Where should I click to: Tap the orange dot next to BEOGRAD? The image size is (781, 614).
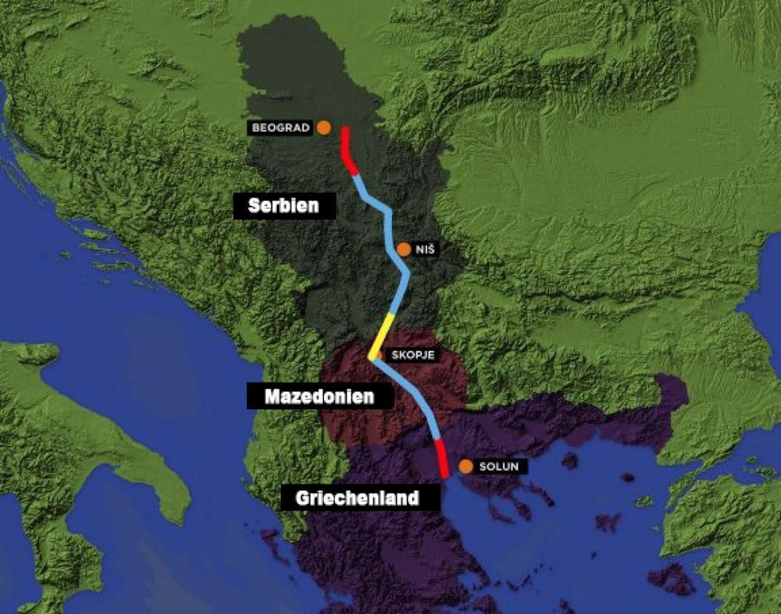coord(323,126)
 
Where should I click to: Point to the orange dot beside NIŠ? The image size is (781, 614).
coord(404,249)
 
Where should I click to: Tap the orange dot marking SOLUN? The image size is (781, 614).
coord(466,467)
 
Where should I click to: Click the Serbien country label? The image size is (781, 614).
coord(283,206)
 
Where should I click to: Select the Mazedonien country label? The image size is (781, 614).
coord(318,397)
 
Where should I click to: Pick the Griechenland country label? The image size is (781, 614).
coord(357,498)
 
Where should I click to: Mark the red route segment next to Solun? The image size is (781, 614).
coord(441,459)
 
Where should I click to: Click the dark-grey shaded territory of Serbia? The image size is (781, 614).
coord(314,259)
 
